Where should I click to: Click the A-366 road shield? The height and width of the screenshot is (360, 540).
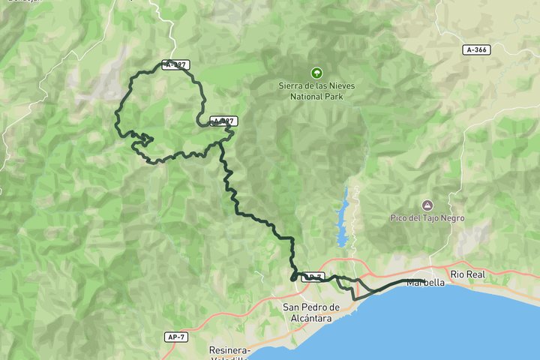(x=476, y=49)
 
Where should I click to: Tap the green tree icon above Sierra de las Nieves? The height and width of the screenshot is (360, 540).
(x=316, y=73)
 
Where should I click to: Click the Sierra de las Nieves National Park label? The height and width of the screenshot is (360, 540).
(x=316, y=91)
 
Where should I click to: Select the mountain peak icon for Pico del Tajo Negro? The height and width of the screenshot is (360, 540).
(x=427, y=205)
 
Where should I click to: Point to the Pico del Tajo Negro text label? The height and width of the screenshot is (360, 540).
(x=427, y=218)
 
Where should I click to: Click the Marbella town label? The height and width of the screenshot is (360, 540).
(x=425, y=283)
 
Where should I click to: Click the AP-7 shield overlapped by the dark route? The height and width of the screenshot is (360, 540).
(x=312, y=277)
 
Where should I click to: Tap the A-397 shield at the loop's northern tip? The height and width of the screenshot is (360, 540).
(x=175, y=65)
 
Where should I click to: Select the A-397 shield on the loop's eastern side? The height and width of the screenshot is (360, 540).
(x=223, y=121)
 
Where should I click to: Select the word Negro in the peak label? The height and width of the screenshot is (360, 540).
(x=451, y=218)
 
